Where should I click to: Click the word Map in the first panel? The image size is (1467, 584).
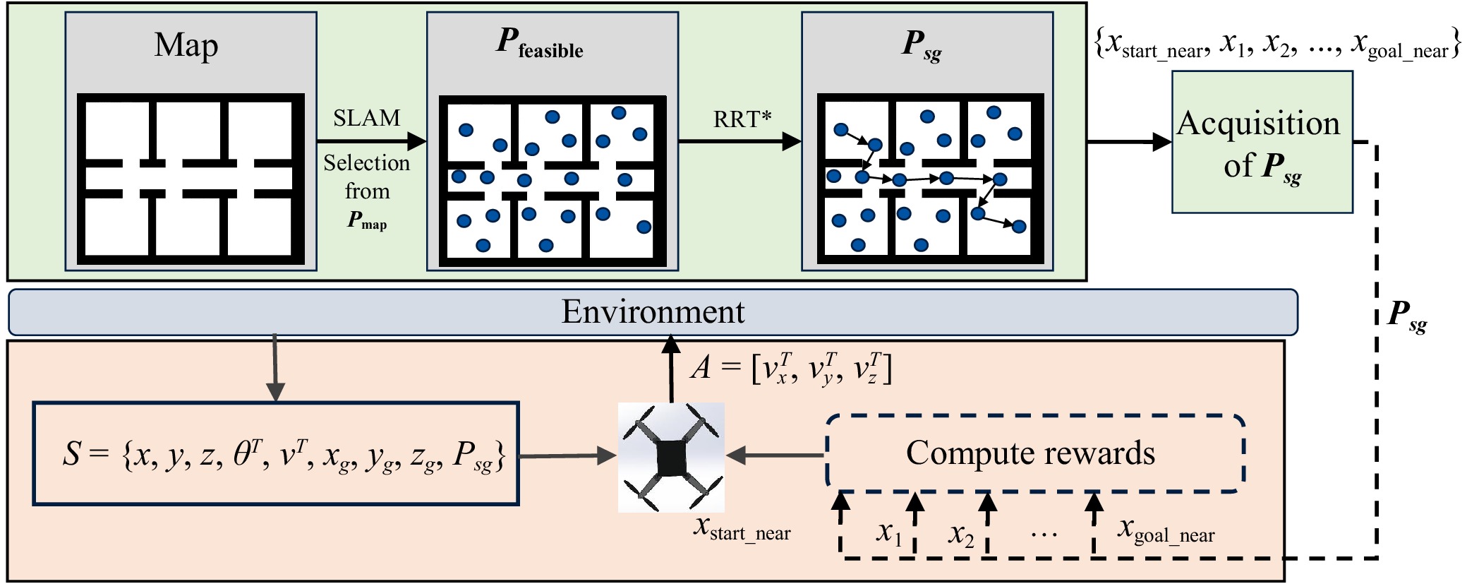(186, 45)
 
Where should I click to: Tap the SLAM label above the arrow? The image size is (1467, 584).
(366, 118)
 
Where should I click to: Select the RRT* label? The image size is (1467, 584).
(742, 119)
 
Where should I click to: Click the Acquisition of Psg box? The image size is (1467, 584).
(1262, 142)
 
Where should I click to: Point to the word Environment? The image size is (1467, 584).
(653, 312)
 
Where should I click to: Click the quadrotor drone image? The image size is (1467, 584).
(671, 457)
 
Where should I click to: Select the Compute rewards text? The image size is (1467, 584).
(1030, 453)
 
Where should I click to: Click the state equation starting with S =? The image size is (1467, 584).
(283, 455)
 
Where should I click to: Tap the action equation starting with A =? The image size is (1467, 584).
(790, 369)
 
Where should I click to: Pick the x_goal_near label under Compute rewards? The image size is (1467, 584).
(1166, 530)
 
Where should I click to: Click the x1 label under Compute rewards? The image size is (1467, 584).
(889, 533)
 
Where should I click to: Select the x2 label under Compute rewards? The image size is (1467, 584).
(961, 535)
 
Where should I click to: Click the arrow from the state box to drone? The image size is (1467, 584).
(568, 455)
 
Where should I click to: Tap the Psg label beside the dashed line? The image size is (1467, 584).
(1407, 315)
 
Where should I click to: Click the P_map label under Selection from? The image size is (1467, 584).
(367, 221)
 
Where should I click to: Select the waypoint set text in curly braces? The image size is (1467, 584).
(1276, 44)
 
